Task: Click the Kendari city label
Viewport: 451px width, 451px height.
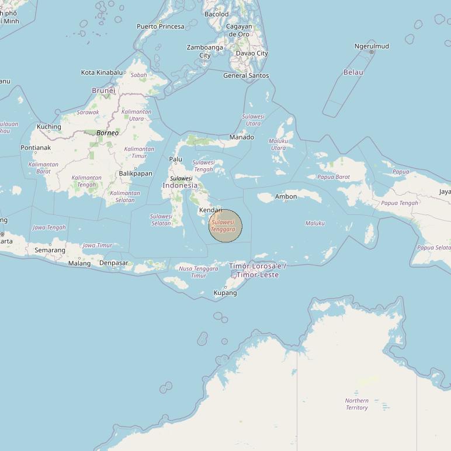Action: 210,210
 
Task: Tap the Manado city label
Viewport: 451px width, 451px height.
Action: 241,137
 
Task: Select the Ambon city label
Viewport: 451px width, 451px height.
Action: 286,196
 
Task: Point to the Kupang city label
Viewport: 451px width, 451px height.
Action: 225,293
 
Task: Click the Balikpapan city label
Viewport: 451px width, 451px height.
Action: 135,174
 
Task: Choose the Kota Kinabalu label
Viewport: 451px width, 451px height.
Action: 102,72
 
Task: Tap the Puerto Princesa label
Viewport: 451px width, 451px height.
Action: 160,26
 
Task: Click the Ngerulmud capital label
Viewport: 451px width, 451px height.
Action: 371,46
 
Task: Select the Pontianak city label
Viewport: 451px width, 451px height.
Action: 36,148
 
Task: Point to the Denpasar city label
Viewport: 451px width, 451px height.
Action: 113,263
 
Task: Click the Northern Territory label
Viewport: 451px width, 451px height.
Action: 356,404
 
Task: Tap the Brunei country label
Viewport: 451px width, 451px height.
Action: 103,91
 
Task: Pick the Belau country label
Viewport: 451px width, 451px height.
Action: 353,72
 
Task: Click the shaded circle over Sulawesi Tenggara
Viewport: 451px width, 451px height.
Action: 226,226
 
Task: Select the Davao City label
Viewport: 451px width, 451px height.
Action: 252,53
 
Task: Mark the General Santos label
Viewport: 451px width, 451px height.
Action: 246,75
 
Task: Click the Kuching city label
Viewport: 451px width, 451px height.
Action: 48,127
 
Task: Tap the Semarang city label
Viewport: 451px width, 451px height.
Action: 50,250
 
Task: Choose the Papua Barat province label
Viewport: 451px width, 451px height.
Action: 334,177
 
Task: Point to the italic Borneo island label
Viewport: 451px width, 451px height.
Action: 107,133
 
